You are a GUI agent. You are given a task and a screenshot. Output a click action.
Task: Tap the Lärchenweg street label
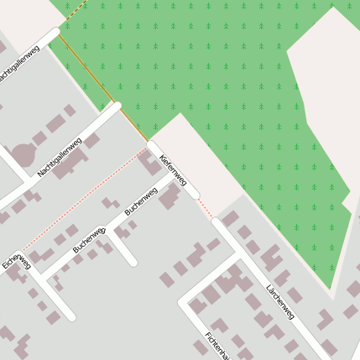[x=280, y=302]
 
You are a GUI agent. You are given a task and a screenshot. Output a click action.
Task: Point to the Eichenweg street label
[x=16, y=263]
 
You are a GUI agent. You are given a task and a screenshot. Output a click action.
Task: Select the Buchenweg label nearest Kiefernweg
[x=141, y=202]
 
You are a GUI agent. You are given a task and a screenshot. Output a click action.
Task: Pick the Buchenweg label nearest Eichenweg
[x=88, y=239]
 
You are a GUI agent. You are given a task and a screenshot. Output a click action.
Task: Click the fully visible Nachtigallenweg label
[x=60, y=157]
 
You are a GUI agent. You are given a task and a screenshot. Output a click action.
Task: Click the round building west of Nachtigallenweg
[x=23, y=154]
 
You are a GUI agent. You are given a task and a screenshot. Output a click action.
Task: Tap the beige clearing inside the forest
[x=323, y=109]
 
